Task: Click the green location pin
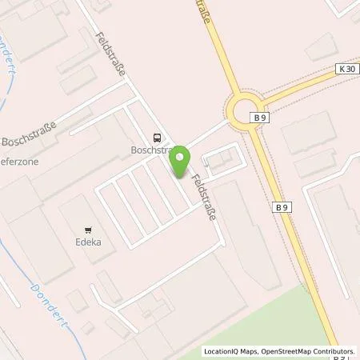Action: (x=182, y=161)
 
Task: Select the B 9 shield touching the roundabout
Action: (x=258, y=117)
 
